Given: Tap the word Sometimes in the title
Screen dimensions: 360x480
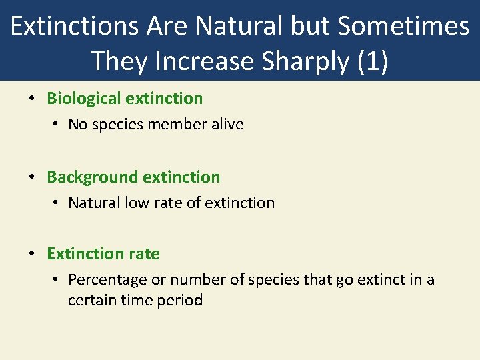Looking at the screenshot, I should click(403, 27).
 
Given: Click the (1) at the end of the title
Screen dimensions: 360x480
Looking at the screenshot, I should click(373, 61).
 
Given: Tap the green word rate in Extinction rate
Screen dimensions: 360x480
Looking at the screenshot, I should click(145, 254).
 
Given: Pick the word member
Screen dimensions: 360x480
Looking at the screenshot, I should click(177, 124).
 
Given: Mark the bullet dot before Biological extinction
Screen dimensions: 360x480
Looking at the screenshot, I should click(32, 99).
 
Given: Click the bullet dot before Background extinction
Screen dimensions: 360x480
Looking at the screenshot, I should click(32, 178).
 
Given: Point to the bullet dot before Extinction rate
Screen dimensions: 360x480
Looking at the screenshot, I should click(32, 255).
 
